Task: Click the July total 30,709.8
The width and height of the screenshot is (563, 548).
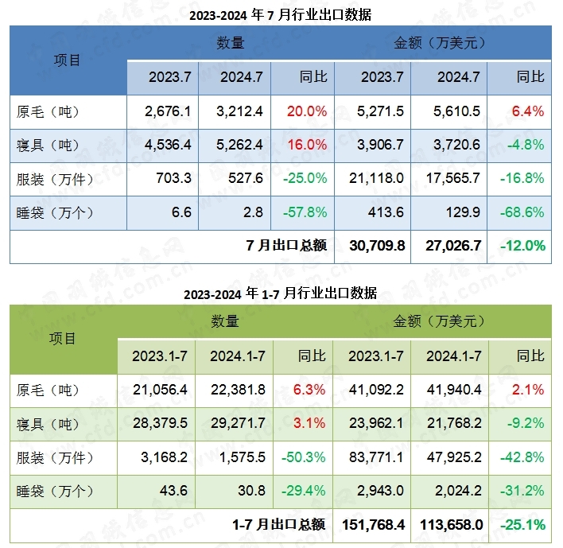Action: [377, 247]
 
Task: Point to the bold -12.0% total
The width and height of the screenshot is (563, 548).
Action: [522, 247]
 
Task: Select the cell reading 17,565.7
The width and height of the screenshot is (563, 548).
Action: [454, 179]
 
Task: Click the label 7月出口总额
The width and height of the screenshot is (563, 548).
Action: [287, 246]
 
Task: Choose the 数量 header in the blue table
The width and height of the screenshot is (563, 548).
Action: [231, 43]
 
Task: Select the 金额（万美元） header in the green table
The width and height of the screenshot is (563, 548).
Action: [440, 321]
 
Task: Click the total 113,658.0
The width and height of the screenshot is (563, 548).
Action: [450, 525]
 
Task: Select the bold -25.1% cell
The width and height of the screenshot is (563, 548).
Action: [522, 525]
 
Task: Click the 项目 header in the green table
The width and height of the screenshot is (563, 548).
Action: [63, 338]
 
